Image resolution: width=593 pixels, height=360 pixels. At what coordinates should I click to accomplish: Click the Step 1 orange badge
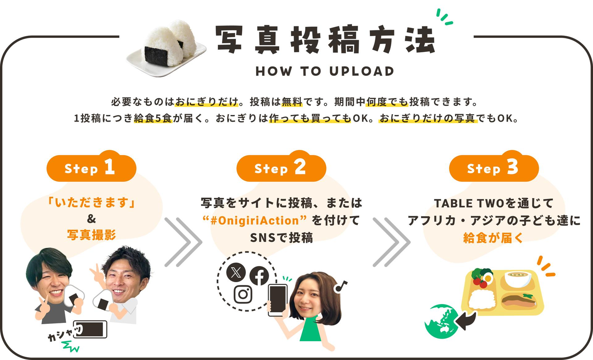(91, 166)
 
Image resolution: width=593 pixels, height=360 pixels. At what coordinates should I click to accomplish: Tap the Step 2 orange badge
(281, 166)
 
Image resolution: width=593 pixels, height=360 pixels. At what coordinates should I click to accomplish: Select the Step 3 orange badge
(494, 166)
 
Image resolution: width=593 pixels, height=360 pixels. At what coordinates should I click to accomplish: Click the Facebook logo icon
(259, 276)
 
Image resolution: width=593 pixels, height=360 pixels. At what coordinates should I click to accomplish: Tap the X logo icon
(236, 272)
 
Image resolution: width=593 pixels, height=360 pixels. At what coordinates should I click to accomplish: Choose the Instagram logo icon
(243, 295)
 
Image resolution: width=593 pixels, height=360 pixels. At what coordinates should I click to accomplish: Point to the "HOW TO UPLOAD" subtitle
(325, 72)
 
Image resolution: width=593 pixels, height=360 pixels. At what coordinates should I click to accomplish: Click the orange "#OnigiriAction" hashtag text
(254, 220)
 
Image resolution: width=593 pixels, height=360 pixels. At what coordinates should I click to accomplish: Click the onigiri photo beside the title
(166, 48)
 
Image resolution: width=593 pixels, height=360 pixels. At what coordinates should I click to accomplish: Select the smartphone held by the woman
(278, 300)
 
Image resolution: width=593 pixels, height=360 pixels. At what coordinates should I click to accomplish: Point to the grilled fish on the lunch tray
(519, 301)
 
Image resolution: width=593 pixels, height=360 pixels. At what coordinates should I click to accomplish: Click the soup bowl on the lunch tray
(518, 279)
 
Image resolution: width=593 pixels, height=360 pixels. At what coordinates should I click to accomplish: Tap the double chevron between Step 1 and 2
(183, 242)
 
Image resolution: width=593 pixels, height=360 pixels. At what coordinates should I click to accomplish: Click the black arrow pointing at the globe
(466, 320)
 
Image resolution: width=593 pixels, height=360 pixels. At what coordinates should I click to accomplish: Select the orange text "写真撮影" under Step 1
(91, 235)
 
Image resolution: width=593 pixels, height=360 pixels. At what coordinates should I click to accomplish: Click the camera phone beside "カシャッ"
(90, 329)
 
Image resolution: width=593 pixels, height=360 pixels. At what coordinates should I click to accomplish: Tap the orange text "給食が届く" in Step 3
(494, 238)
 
